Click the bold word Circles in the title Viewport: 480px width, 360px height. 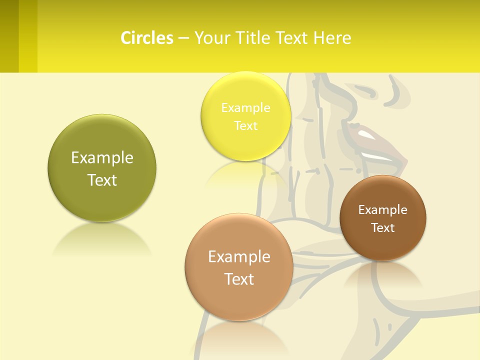(147, 38)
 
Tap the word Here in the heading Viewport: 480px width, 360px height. (332, 38)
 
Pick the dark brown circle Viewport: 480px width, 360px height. (383, 245)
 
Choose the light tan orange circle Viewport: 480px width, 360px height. (239, 300)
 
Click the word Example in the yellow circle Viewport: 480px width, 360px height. (245, 107)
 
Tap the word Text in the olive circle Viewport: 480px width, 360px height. (102, 180)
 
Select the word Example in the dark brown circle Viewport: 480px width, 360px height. (383, 209)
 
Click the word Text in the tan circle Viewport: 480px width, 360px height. (239, 278)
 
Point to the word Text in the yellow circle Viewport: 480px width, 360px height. (245, 125)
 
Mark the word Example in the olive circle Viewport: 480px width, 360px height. (102, 157)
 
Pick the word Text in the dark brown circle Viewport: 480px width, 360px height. (383, 227)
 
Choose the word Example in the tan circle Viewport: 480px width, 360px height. (239, 256)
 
